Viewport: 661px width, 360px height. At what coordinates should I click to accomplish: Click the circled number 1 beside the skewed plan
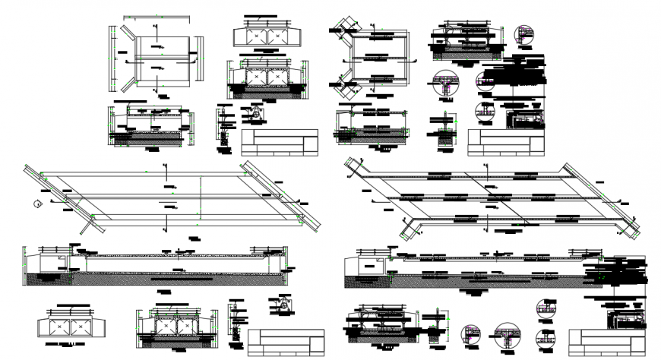(36, 203)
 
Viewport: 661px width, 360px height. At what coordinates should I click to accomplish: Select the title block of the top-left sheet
(280, 142)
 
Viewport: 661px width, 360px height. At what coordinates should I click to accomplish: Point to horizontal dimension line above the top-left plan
(157, 16)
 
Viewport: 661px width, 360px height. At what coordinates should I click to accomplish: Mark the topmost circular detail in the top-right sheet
(523, 33)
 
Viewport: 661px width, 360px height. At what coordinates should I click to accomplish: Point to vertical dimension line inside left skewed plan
(200, 201)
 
